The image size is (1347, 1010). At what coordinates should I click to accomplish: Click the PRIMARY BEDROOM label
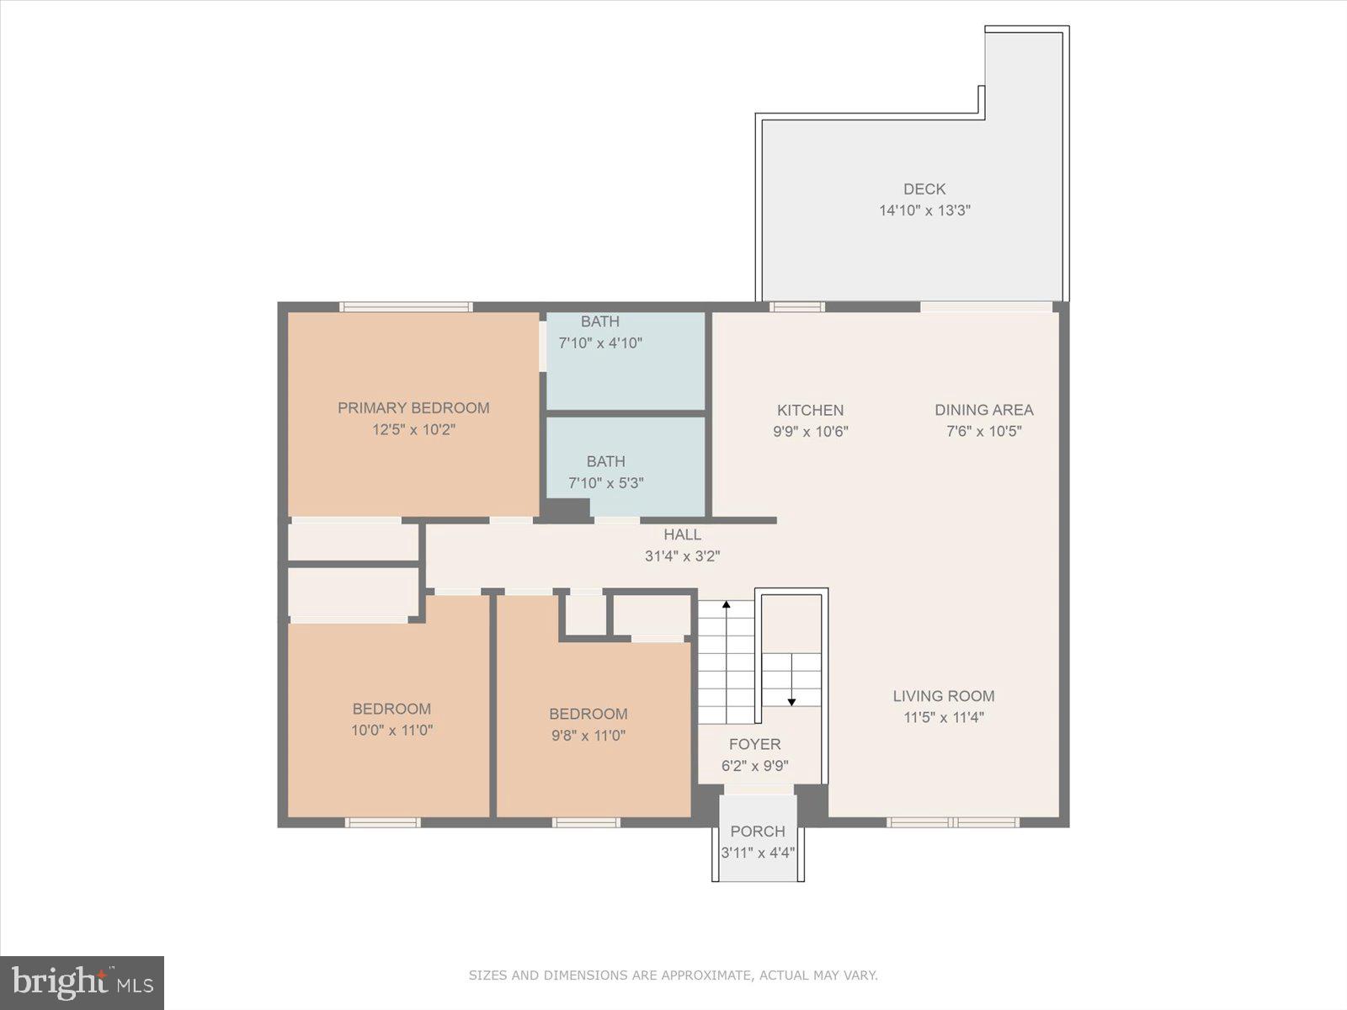pyautogui.click(x=413, y=408)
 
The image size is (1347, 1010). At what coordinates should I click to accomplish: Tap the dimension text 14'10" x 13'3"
pyautogui.click(x=924, y=210)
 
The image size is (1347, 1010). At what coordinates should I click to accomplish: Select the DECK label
pyautogui.click(x=924, y=189)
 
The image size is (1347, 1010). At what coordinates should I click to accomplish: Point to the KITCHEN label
pyautogui.click(x=810, y=410)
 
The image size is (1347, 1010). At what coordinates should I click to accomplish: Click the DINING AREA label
pyautogui.click(x=983, y=410)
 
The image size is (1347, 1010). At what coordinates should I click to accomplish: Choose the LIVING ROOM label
pyautogui.click(x=943, y=696)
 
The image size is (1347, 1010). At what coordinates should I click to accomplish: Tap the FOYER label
pyautogui.click(x=754, y=744)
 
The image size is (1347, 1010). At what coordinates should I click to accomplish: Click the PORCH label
pyautogui.click(x=758, y=832)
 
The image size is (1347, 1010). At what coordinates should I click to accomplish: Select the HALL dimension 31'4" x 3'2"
pyautogui.click(x=682, y=555)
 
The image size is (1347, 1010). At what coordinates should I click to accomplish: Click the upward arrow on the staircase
pyautogui.click(x=726, y=604)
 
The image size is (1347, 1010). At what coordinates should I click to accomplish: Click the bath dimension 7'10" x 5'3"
pyautogui.click(x=605, y=483)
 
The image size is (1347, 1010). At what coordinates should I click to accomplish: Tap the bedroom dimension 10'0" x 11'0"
pyautogui.click(x=391, y=731)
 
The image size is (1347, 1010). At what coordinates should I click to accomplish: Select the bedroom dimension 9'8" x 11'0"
pyautogui.click(x=588, y=736)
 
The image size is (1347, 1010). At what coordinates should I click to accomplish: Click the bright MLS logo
pyautogui.click(x=82, y=983)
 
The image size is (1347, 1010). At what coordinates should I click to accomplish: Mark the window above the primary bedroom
pyautogui.click(x=406, y=307)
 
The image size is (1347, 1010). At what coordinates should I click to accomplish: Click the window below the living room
pyautogui.click(x=953, y=822)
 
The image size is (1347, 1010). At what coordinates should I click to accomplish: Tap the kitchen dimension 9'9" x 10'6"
pyautogui.click(x=810, y=432)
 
